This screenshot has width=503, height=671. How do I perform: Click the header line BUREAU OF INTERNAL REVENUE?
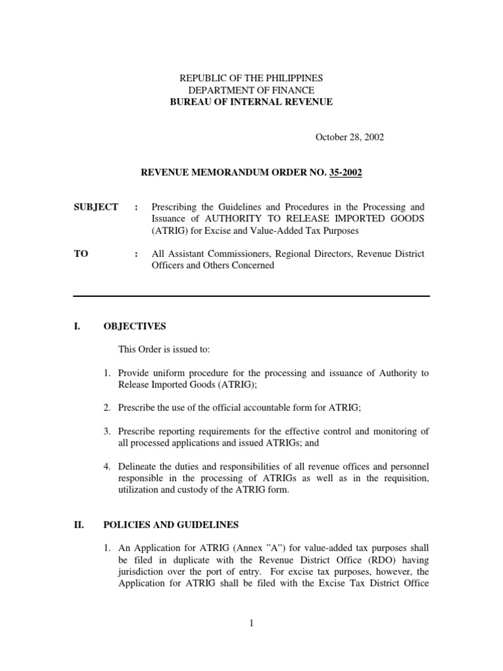(251, 102)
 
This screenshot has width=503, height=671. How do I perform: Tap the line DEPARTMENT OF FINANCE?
(251, 90)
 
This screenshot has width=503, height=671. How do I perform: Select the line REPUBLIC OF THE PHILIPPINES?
(251, 78)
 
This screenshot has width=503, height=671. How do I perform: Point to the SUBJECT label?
(96, 207)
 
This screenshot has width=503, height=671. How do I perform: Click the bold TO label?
(81, 254)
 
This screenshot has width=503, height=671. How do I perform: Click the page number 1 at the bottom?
(251, 623)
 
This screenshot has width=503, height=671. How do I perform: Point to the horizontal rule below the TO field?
(251, 296)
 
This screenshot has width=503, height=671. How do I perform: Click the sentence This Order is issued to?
(160, 350)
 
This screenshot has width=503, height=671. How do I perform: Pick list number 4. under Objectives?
(107, 466)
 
